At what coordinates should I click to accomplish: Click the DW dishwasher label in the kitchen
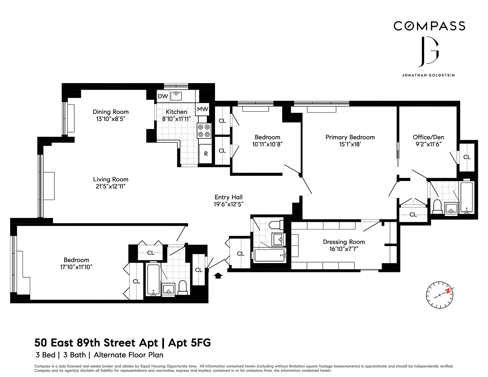pyautogui.click(x=163, y=96)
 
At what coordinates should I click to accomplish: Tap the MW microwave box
pyautogui.click(x=202, y=109)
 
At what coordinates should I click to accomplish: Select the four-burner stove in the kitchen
pyautogui.click(x=204, y=131)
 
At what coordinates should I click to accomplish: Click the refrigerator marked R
pyautogui.click(x=206, y=154)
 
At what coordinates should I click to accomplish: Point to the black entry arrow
pyautogui.click(x=218, y=276)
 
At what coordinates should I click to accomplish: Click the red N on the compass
pyautogui.click(x=448, y=291)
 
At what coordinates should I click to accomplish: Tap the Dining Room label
pyautogui.click(x=111, y=112)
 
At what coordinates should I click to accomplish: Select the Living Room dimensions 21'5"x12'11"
pyautogui.click(x=111, y=186)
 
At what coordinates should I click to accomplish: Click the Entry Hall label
pyautogui.click(x=228, y=197)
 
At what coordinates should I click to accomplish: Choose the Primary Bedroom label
pyautogui.click(x=350, y=137)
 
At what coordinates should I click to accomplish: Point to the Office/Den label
pyautogui.click(x=428, y=137)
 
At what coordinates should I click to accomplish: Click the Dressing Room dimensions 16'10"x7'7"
pyautogui.click(x=344, y=249)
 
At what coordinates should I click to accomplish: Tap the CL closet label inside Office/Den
pyautogui.click(x=467, y=157)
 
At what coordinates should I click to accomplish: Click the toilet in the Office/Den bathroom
pyautogui.click(x=437, y=207)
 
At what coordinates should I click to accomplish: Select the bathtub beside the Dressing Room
pyautogui.click(x=270, y=255)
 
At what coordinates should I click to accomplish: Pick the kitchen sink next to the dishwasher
pyautogui.click(x=176, y=96)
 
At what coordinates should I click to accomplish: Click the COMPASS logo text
pyautogui.click(x=429, y=26)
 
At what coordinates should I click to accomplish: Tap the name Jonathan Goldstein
pyautogui.click(x=428, y=75)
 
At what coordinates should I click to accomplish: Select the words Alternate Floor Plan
pyautogui.click(x=128, y=355)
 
